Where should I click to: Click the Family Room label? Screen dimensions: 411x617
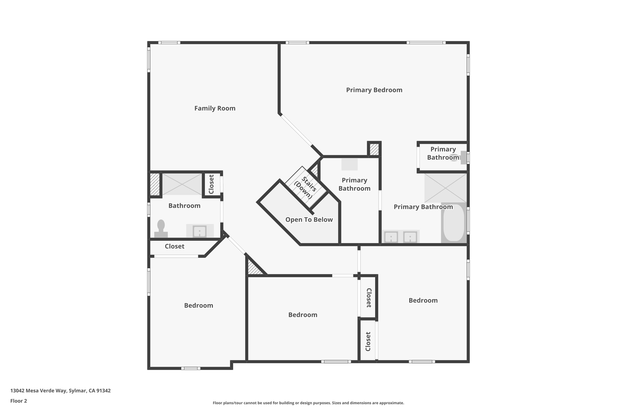click(215, 108)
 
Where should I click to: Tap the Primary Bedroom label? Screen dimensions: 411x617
click(374, 90)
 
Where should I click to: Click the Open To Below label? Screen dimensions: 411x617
click(309, 220)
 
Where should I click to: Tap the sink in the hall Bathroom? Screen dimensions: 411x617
click(199, 231)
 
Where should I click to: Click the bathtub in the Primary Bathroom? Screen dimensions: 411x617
click(454, 223)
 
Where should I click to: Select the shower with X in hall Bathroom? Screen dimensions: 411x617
click(182, 184)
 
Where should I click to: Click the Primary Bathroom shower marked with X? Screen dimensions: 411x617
click(445, 188)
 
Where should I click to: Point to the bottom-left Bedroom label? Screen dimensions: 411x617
click(199, 305)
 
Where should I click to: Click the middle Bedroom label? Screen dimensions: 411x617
click(302, 315)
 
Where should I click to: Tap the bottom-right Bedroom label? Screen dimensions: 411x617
click(423, 300)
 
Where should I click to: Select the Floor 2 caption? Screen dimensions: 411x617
click(19, 401)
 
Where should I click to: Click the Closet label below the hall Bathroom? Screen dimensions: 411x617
click(174, 246)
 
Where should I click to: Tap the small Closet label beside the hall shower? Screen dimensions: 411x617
click(211, 184)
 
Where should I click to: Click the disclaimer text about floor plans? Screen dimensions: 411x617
click(308, 403)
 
